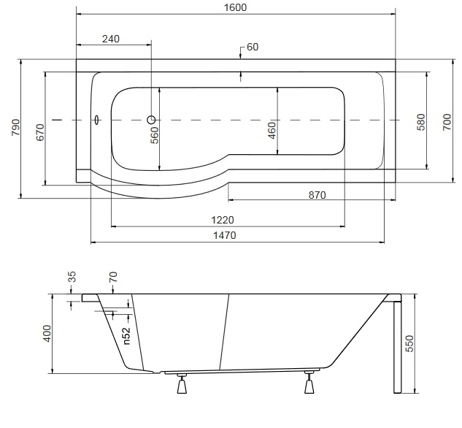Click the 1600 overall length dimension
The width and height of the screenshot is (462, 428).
(x=235, y=7)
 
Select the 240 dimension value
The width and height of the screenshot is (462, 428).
(x=111, y=39)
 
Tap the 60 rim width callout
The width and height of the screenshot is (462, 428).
(x=253, y=47)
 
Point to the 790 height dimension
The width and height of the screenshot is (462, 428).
(x=16, y=127)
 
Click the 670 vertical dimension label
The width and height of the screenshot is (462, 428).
(x=40, y=132)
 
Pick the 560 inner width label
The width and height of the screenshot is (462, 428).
(x=155, y=135)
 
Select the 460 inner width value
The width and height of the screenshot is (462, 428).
(x=272, y=130)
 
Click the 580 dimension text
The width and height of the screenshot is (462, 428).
(x=421, y=122)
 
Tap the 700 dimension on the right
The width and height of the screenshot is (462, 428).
(x=447, y=122)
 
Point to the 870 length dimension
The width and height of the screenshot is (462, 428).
(x=317, y=195)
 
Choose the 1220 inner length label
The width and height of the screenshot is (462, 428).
(x=223, y=220)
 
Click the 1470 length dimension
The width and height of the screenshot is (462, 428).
(x=225, y=235)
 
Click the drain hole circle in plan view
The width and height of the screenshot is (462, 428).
(x=151, y=120)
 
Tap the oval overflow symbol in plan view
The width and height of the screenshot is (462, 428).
(x=98, y=120)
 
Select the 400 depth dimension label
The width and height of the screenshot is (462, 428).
(x=47, y=334)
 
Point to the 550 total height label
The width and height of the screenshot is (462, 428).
(x=409, y=344)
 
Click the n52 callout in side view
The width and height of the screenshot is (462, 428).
(x=126, y=336)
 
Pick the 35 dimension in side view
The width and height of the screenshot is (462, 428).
(x=72, y=277)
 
